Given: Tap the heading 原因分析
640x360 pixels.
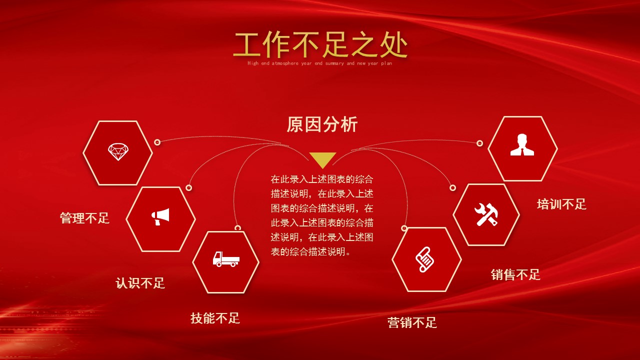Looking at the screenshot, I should coord(322,124).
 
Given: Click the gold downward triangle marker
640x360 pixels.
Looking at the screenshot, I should coord(322,159).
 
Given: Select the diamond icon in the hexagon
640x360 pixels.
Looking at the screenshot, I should coord(118,152).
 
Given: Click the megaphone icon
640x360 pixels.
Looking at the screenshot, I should coord(160,216).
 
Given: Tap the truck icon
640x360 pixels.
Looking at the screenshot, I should coord(226,259).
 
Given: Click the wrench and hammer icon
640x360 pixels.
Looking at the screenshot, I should coord(486,214).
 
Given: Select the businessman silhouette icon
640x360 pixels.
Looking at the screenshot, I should coord(522,145).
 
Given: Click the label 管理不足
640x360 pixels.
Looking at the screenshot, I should coord(84,218).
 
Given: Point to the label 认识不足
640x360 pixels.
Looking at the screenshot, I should coord(140,283).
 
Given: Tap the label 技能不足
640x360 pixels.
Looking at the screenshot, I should coord(215,318).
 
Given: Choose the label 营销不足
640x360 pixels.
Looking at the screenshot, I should coord(412,322).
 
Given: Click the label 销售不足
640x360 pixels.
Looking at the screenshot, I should coord(515,274).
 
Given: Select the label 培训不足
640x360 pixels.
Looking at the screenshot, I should coord(561,204).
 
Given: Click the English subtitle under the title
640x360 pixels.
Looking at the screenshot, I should coord(320,63).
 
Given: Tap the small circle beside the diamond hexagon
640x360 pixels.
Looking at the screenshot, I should coord(157,142).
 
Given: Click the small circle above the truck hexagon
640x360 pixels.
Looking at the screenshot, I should coord(237,228).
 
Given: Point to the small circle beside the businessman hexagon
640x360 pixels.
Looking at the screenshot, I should coord(479,143).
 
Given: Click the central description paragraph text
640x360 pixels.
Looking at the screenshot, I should coord(322,215).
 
